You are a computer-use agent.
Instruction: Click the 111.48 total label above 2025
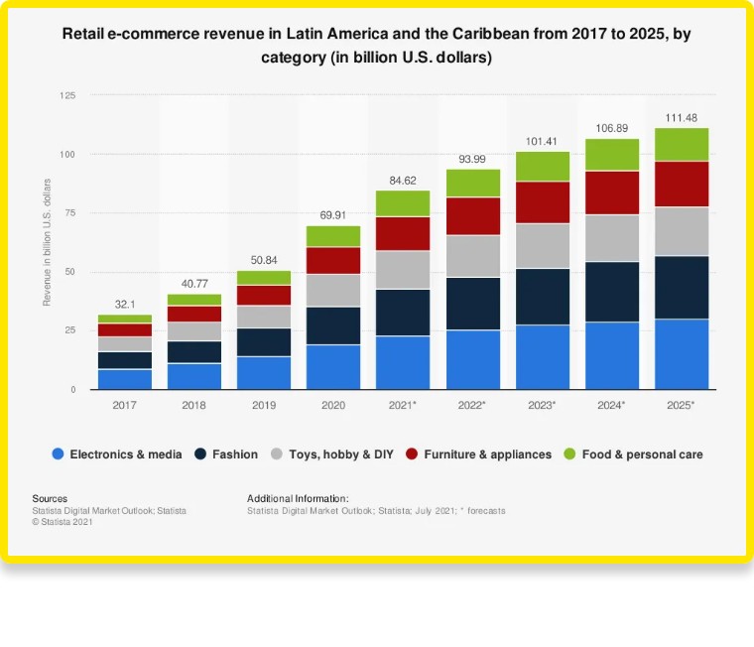tap(681, 118)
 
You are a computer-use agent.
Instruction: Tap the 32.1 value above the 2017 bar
tap(124, 305)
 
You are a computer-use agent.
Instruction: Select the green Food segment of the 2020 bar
tap(332, 236)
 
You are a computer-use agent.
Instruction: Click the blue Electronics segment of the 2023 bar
tap(542, 356)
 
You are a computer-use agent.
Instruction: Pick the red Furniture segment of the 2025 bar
tap(681, 184)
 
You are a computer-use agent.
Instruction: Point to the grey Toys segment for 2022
tap(472, 256)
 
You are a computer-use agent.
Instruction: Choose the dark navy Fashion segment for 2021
tap(403, 313)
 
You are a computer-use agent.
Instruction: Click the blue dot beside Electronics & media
tap(58, 454)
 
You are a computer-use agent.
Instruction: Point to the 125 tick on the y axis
tap(67, 95)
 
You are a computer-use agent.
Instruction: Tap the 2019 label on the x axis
tap(263, 406)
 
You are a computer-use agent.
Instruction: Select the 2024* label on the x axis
tap(611, 406)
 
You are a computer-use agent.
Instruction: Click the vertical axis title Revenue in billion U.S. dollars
tap(47, 243)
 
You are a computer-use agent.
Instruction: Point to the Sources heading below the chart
tap(50, 498)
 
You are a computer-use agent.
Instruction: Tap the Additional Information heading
tap(298, 498)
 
